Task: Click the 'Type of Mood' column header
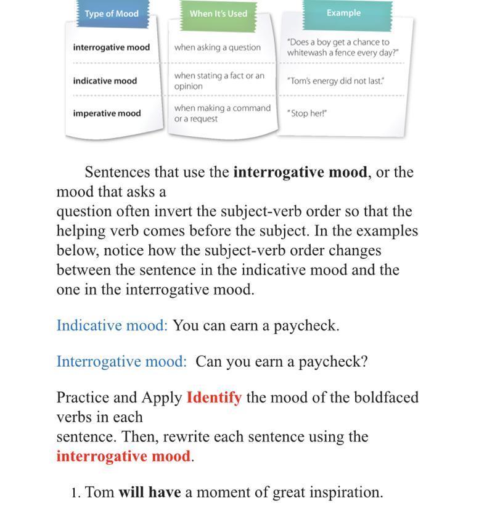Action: pos(112,14)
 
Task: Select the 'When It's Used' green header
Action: pos(218,14)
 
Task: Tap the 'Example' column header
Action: pos(343,13)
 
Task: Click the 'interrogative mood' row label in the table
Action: pos(111,47)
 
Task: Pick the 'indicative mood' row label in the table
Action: pos(105,81)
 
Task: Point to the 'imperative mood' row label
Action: pos(107,113)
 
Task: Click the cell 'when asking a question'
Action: pos(217,47)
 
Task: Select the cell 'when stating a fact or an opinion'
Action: pos(219,81)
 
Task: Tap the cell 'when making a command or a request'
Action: pos(222,113)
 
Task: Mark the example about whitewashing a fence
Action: pos(342,47)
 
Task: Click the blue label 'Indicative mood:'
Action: pos(112,325)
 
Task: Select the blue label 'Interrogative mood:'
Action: pos(121,361)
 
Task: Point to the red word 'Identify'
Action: pos(214,398)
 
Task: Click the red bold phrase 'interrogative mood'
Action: pos(123,456)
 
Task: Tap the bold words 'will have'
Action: pos(149,493)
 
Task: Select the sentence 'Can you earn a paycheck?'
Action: pos(281,361)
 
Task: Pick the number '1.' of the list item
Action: pos(76,493)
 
